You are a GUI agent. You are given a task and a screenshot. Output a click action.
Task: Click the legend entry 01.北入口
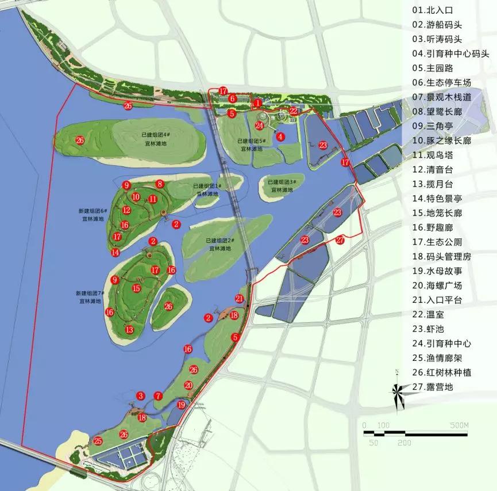(432, 10)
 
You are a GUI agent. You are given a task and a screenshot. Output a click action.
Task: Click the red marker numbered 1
(258, 102)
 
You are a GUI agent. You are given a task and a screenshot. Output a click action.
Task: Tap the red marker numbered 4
(280, 136)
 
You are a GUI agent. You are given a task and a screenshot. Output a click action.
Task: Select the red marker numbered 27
(340, 239)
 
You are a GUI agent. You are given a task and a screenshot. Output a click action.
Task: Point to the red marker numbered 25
(98, 441)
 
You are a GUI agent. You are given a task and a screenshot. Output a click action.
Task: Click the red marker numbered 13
(129, 330)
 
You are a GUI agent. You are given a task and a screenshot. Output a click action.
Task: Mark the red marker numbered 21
(240, 298)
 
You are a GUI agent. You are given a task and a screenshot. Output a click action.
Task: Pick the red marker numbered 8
(160, 184)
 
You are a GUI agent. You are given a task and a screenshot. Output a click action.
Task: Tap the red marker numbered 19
(182, 405)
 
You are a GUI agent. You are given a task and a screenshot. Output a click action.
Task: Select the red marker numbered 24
(260, 125)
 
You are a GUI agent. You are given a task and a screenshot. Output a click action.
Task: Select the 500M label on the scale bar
(460, 425)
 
